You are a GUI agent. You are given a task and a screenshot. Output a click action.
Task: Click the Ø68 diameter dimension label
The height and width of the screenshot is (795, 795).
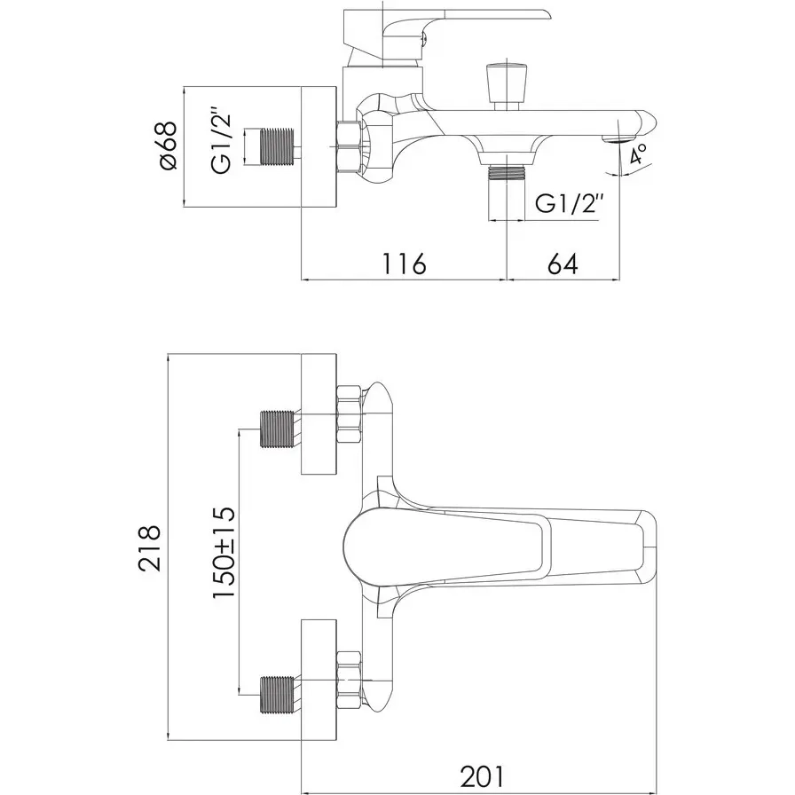click(169, 146)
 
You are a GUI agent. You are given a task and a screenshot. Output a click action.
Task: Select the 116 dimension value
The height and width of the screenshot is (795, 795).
click(404, 264)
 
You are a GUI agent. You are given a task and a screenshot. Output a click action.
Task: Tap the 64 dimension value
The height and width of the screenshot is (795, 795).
click(563, 264)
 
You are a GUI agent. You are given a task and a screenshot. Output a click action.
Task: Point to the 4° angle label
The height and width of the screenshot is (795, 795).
click(638, 153)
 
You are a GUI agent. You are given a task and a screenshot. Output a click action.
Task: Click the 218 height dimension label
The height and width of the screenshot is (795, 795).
click(150, 548)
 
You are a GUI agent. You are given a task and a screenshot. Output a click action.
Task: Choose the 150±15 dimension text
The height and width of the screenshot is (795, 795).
click(224, 553)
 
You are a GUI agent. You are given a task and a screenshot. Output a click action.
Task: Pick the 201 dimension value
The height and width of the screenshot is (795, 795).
click(483, 775)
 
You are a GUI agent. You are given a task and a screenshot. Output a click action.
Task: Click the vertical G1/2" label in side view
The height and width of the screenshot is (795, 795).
click(222, 143)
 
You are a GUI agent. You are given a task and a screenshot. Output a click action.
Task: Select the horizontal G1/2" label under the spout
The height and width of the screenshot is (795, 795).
click(570, 204)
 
